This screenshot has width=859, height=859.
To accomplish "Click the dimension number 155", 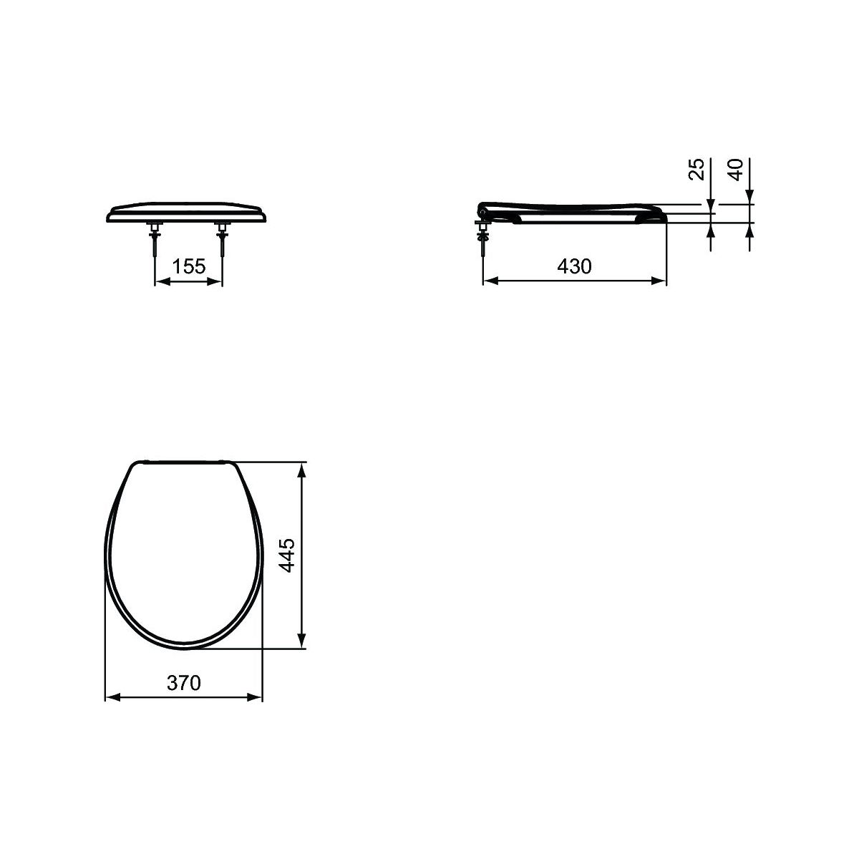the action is pos(188,266).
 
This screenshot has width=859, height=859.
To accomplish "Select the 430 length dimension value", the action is pos(574,266).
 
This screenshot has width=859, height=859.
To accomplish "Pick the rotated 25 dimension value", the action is pos(697,169).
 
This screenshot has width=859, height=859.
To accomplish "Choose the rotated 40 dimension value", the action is pos(736,170).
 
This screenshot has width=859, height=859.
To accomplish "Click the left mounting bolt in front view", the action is pos(154,239).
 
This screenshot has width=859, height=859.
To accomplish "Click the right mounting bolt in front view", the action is pos(221,239).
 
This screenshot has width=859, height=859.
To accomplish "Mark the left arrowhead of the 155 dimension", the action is pos(161,281).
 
